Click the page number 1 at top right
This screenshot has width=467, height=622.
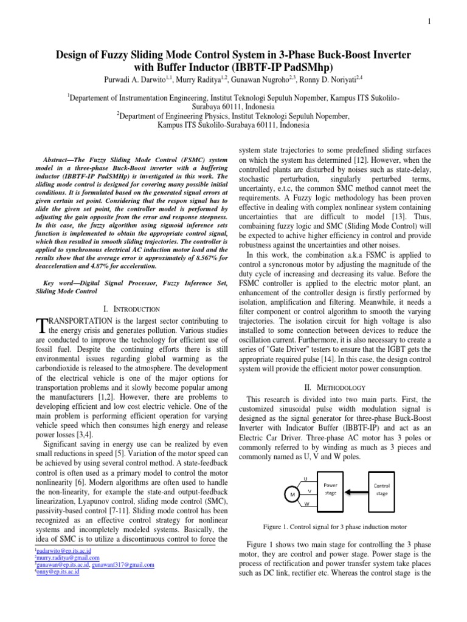pyautogui.click(x=429, y=22)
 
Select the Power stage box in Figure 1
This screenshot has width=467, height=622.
pyautogui.click(x=330, y=489)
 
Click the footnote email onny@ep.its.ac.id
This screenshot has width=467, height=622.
pyautogui.click(x=55, y=572)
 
